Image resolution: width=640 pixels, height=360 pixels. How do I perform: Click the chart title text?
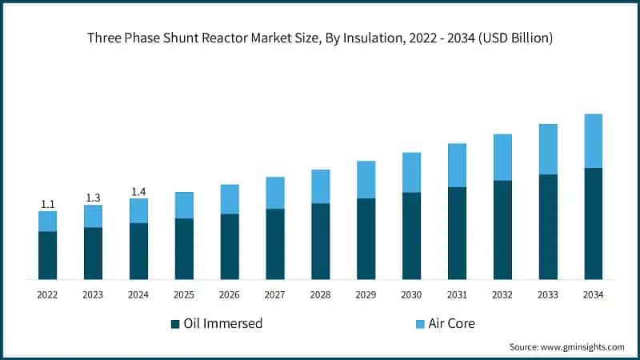[320, 38]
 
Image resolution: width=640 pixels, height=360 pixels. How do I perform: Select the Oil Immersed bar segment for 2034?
[593, 223]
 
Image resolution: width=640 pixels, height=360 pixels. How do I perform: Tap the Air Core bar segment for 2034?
[593, 141]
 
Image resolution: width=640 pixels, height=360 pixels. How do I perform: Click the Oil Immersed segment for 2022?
[47, 255]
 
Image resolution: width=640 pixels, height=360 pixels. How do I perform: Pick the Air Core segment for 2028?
[320, 186]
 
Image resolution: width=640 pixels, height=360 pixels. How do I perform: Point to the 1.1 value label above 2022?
[47, 205]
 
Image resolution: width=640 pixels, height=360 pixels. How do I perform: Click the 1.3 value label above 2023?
[93, 198]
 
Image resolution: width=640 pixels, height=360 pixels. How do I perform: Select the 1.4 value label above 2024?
[138, 192]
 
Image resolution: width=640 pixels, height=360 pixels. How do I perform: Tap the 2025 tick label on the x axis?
[184, 295]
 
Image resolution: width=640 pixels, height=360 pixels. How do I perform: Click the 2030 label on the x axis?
[411, 295]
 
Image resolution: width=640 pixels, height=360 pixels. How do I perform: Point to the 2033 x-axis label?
[547, 295]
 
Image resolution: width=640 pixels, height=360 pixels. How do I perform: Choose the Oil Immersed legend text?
[223, 324]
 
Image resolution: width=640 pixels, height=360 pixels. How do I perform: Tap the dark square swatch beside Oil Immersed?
[175, 324]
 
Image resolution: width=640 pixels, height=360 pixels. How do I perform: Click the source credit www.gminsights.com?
[566, 346]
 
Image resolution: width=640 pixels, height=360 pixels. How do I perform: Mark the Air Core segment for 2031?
[457, 166]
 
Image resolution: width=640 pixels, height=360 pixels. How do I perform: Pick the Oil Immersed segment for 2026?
[230, 246]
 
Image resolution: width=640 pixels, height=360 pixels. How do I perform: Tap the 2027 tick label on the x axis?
[274, 295]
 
